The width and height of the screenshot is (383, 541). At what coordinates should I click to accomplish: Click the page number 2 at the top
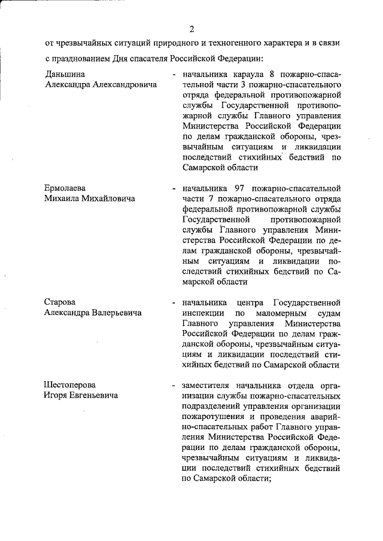[x=191, y=29]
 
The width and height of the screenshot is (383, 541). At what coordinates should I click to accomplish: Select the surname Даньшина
[x=65, y=74]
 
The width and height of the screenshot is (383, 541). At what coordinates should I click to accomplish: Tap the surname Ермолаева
[x=66, y=188]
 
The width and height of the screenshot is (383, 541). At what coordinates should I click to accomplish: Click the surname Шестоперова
[x=70, y=384]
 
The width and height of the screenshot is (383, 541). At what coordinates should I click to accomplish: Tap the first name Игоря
[x=58, y=395]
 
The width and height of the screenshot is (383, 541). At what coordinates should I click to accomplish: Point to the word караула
[x=247, y=75]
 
